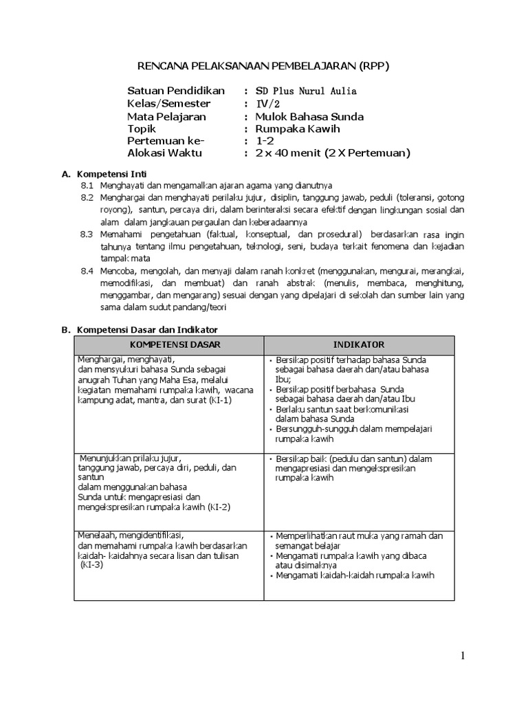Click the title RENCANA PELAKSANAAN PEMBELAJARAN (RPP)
click(x=263, y=66)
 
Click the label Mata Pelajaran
click(x=167, y=116)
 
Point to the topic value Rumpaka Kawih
click(x=297, y=129)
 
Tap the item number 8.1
click(x=87, y=186)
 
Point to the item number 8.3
click(x=87, y=234)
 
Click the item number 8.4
click(x=87, y=271)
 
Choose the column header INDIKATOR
click(x=359, y=344)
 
